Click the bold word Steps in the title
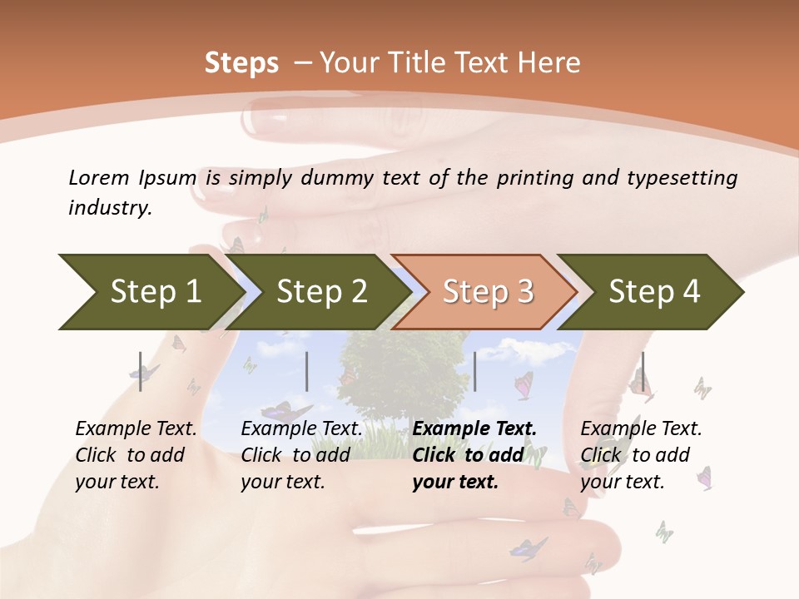click(x=241, y=63)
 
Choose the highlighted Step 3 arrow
click(x=488, y=292)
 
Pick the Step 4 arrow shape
click(x=654, y=292)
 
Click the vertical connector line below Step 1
click(x=141, y=371)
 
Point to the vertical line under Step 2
click(x=307, y=371)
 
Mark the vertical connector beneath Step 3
click(x=474, y=371)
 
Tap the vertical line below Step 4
click(x=643, y=371)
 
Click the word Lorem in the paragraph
click(x=98, y=177)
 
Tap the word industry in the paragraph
click(x=109, y=208)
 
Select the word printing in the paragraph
click(x=541, y=178)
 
